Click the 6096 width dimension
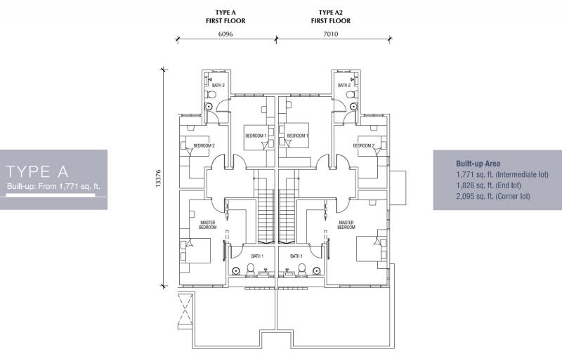coord(226,32)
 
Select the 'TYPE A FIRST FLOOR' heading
coord(225,16)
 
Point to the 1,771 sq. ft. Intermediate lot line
coord(502,174)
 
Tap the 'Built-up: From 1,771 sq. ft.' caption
coord(54,186)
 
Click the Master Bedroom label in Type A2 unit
coord(346,225)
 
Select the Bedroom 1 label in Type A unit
coord(255,135)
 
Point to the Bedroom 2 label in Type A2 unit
coord(363,145)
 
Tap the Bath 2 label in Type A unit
coord(218,85)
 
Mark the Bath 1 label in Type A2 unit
coord(296,256)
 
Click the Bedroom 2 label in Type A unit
coord(204,145)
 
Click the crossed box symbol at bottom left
coord(185,309)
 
